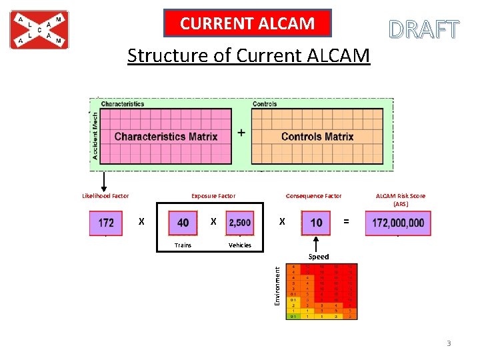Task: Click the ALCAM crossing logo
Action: coord(39,30)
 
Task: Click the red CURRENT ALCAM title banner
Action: coord(247,24)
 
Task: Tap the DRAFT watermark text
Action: coord(424,30)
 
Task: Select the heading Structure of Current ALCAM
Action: coord(248,55)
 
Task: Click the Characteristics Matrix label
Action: coord(166,137)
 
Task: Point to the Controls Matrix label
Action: coord(317,137)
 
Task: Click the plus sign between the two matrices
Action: coord(241,133)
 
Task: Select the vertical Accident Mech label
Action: coord(95,135)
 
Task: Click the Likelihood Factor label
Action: coord(105,196)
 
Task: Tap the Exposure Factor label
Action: coord(213,196)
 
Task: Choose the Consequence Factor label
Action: coord(313,196)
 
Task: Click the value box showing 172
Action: coord(105,223)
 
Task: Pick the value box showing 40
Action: coord(183,223)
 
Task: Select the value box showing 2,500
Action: coord(240,223)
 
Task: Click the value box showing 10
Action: coord(316,223)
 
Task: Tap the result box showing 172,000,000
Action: coord(398,223)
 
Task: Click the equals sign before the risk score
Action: coord(345,221)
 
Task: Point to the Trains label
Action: coord(183,245)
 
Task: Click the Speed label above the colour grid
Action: coord(318,257)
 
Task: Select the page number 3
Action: coord(449,343)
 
